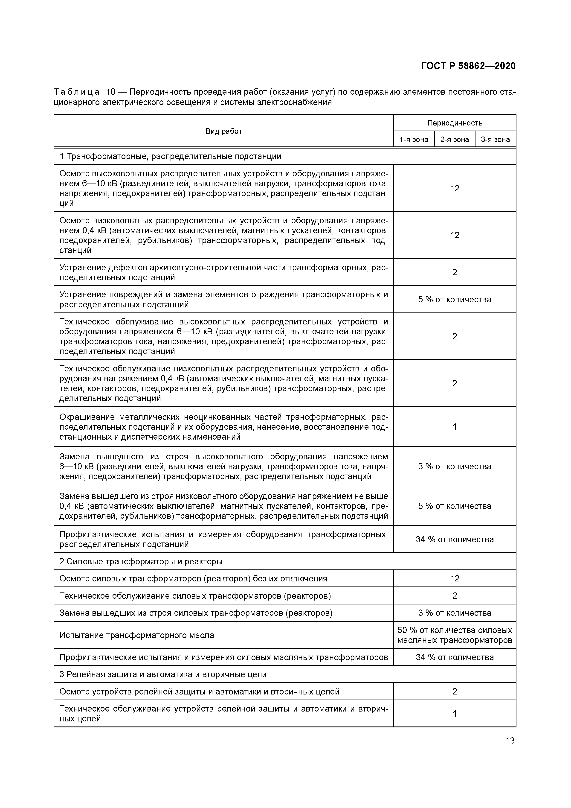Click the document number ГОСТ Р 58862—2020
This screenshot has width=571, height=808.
468,66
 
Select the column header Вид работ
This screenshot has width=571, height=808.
224,131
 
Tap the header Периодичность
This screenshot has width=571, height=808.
455,123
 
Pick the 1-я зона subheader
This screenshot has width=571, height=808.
414,139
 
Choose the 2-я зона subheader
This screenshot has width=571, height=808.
455,139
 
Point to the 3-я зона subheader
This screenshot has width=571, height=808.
495,139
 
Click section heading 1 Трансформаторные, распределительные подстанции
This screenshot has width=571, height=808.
170,156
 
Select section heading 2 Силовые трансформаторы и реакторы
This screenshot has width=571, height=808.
141,561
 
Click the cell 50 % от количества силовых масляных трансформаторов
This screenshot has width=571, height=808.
455,635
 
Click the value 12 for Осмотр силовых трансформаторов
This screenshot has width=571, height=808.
455,579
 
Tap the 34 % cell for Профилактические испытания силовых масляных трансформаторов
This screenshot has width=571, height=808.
455,657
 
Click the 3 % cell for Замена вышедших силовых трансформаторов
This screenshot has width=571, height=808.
455,613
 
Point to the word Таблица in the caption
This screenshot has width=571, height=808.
77,92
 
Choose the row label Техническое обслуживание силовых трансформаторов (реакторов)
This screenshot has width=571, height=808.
195,596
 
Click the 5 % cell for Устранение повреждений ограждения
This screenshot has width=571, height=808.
455,300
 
